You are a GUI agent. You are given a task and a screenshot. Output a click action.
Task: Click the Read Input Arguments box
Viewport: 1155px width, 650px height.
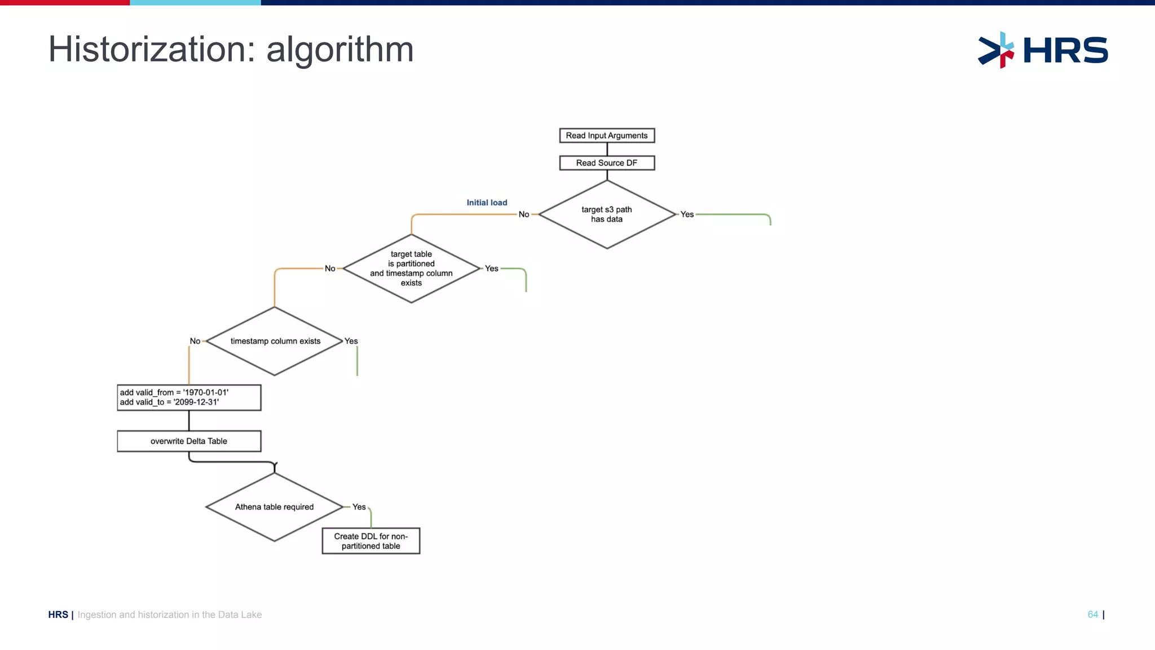tap(607, 135)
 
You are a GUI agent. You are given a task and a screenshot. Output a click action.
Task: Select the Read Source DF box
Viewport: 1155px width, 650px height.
tap(607, 163)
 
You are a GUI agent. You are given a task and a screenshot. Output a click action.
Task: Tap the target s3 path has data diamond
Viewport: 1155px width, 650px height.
tap(607, 214)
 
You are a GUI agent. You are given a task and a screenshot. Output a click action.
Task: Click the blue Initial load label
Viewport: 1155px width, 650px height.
tap(487, 203)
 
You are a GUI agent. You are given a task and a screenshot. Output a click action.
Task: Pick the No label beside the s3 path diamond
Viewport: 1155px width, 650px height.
tap(524, 214)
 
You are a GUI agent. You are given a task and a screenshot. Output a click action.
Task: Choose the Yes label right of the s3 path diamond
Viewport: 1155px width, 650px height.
tap(687, 214)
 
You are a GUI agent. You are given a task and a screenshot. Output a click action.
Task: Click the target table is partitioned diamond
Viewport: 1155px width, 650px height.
tap(411, 269)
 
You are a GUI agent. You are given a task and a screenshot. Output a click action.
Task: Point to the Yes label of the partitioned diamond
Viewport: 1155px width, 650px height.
tap(492, 269)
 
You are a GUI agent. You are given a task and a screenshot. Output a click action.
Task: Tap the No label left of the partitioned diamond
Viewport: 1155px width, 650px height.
tap(330, 269)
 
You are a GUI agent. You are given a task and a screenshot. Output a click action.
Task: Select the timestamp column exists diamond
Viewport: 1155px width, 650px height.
tap(275, 341)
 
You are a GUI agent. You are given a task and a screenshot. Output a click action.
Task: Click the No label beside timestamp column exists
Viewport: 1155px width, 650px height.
tap(195, 341)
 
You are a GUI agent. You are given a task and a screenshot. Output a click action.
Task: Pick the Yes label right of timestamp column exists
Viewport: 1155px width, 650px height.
tap(351, 341)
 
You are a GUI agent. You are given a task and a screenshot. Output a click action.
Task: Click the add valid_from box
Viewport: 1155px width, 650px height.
tap(189, 398)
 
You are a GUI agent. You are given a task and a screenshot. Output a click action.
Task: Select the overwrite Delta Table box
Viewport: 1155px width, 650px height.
tap(189, 441)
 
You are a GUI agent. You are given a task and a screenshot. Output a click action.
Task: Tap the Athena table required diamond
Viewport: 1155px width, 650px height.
tap(275, 507)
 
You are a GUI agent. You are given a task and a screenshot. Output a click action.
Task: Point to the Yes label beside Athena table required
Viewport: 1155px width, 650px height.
tap(359, 507)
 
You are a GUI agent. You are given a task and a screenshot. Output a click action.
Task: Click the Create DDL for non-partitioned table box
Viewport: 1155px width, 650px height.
tap(371, 541)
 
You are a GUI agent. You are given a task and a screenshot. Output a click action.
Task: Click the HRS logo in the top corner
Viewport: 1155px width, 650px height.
tap(1043, 50)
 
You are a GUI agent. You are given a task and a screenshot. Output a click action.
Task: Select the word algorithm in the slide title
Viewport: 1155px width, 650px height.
tap(340, 50)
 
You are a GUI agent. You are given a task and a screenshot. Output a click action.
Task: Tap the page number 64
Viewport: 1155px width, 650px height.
tap(1092, 614)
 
